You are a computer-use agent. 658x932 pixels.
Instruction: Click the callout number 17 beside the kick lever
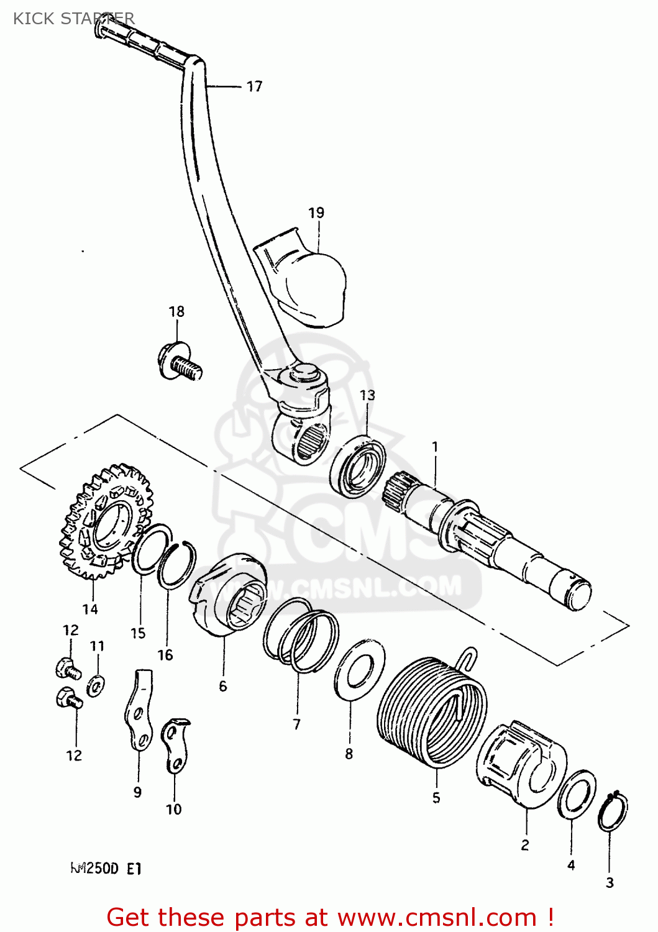pyautogui.click(x=255, y=86)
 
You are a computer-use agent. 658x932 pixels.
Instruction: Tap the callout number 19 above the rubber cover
pyautogui.click(x=316, y=212)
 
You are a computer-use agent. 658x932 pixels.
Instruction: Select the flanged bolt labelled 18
pyautogui.click(x=180, y=362)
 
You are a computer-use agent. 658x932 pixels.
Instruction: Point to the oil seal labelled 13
pyautogui.click(x=357, y=466)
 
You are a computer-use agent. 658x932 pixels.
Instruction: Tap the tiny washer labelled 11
pyautogui.click(x=96, y=685)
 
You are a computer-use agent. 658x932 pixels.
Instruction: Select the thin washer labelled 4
pyautogui.click(x=577, y=795)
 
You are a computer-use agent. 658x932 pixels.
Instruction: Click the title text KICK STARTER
pyautogui.click(x=73, y=18)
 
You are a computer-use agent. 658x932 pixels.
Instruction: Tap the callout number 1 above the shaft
pyautogui.click(x=435, y=447)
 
